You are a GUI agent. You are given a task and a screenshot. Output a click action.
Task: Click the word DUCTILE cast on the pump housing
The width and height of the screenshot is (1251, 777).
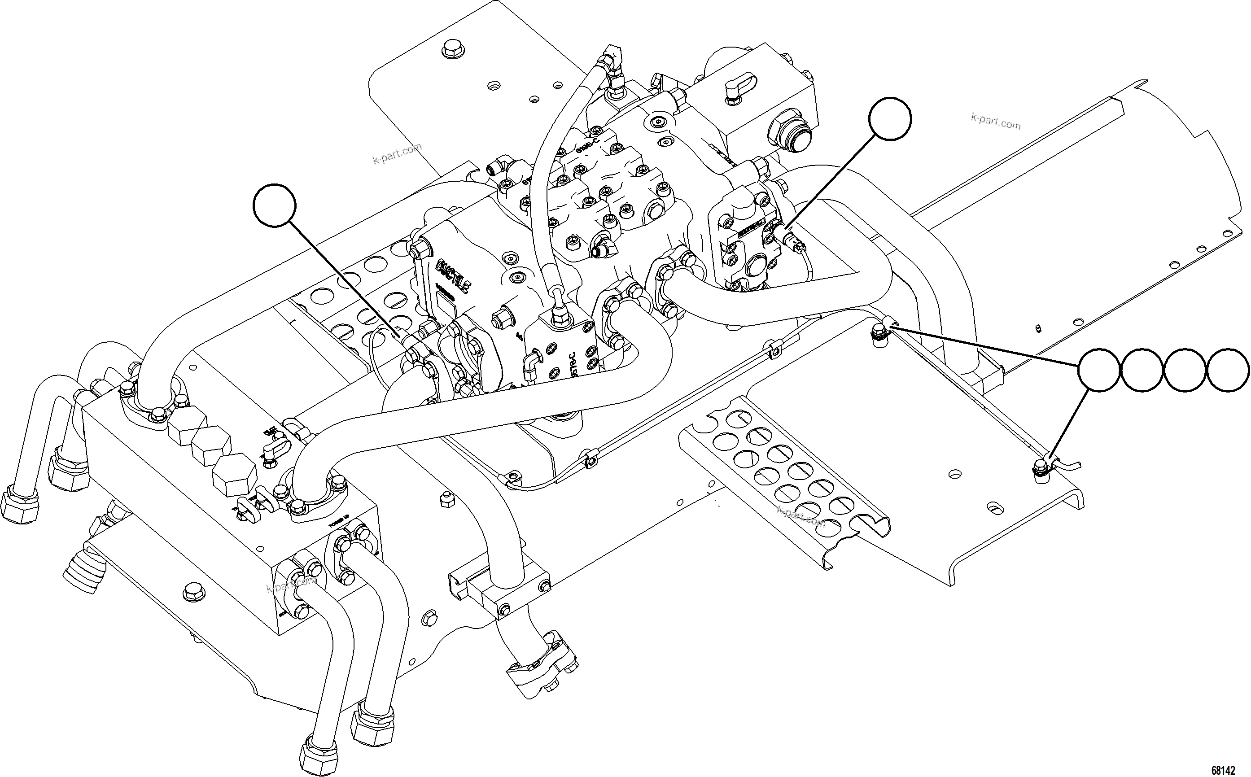tap(452, 278)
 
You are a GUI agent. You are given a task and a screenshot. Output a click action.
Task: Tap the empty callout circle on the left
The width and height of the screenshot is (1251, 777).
tap(275, 205)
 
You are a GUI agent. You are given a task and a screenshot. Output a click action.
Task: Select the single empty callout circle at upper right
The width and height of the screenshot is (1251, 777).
tap(890, 119)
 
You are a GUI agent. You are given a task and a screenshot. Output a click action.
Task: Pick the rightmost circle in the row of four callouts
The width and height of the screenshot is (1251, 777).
tap(1228, 371)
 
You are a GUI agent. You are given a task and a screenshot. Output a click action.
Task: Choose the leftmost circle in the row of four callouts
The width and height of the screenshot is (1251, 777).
tap(1098, 371)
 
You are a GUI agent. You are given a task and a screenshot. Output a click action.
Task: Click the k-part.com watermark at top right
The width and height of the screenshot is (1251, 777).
tap(996, 121)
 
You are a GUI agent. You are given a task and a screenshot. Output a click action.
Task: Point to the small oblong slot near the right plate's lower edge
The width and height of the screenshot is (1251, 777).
tap(996, 508)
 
